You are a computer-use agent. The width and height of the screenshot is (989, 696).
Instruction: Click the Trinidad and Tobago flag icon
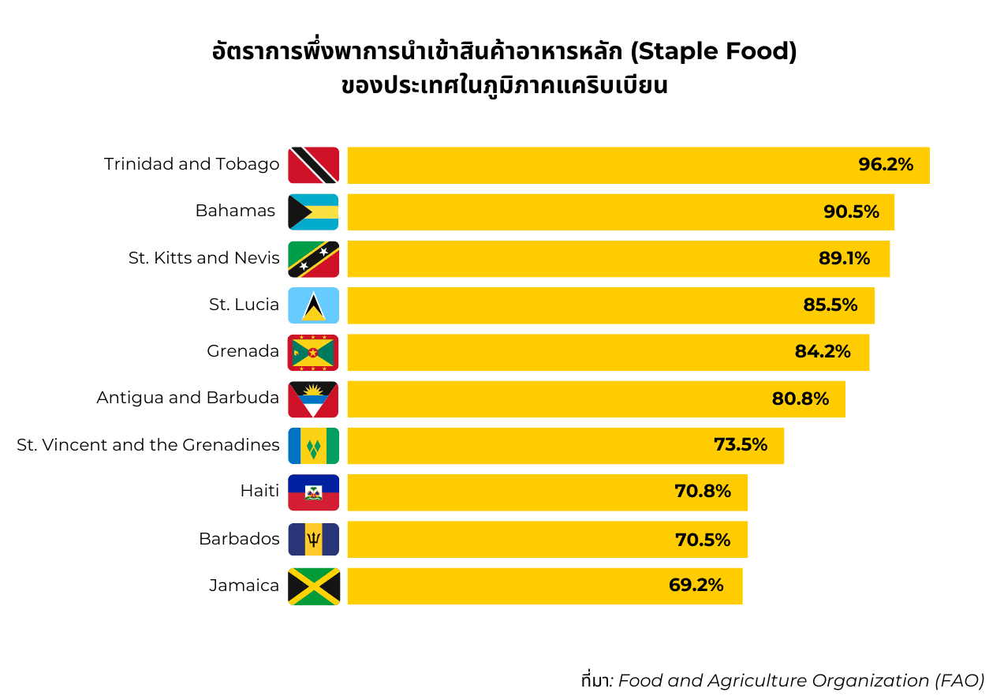[313, 165]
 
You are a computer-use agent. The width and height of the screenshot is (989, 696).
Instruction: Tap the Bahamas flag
[313, 211]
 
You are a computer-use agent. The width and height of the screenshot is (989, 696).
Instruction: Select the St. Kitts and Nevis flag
[313, 259]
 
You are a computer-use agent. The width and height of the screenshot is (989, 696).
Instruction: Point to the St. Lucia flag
[313, 305]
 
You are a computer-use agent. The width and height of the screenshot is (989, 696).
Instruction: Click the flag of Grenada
[313, 352]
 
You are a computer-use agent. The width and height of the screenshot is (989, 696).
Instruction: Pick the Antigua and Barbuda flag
[313, 399]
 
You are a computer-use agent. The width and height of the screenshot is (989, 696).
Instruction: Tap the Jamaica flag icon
[313, 586]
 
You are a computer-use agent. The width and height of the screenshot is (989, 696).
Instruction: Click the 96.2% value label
[885, 165]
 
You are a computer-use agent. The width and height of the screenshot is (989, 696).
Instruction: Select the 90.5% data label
[850, 211]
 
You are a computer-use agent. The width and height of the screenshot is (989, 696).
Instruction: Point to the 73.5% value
[740, 445]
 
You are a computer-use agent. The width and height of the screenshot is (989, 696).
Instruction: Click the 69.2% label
[696, 586]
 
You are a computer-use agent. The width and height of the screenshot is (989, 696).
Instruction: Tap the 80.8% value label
[800, 399]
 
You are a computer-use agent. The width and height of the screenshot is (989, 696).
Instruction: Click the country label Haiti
[259, 492]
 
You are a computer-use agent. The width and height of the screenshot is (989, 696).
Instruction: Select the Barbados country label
[239, 539]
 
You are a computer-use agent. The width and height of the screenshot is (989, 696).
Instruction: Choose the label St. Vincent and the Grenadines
[148, 445]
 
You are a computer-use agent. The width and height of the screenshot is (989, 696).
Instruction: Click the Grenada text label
[243, 352]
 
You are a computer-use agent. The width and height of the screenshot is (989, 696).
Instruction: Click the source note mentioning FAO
[782, 680]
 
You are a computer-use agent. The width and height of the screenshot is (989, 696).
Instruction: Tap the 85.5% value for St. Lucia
[830, 305]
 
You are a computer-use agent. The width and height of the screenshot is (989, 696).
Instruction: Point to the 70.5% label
[702, 540]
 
